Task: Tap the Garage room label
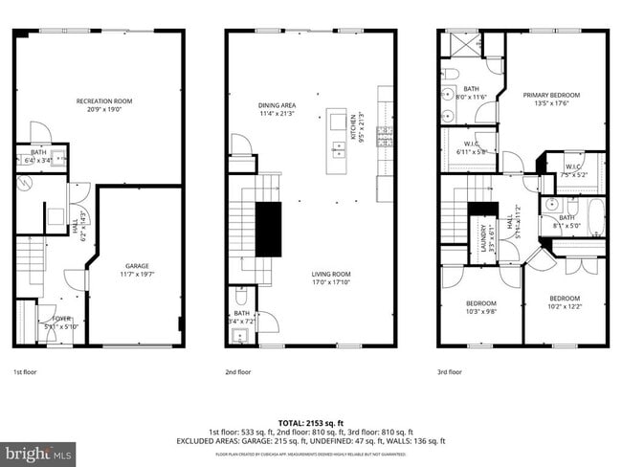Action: [x=137, y=270]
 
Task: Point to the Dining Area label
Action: [x=277, y=110]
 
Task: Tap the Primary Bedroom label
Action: [x=547, y=100]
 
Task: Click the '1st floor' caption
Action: [x=26, y=371]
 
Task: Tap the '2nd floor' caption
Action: [x=238, y=371]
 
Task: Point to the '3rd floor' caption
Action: [x=450, y=371]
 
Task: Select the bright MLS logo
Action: [x=38, y=451]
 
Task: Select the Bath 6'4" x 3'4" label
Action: [x=38, y=156]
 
